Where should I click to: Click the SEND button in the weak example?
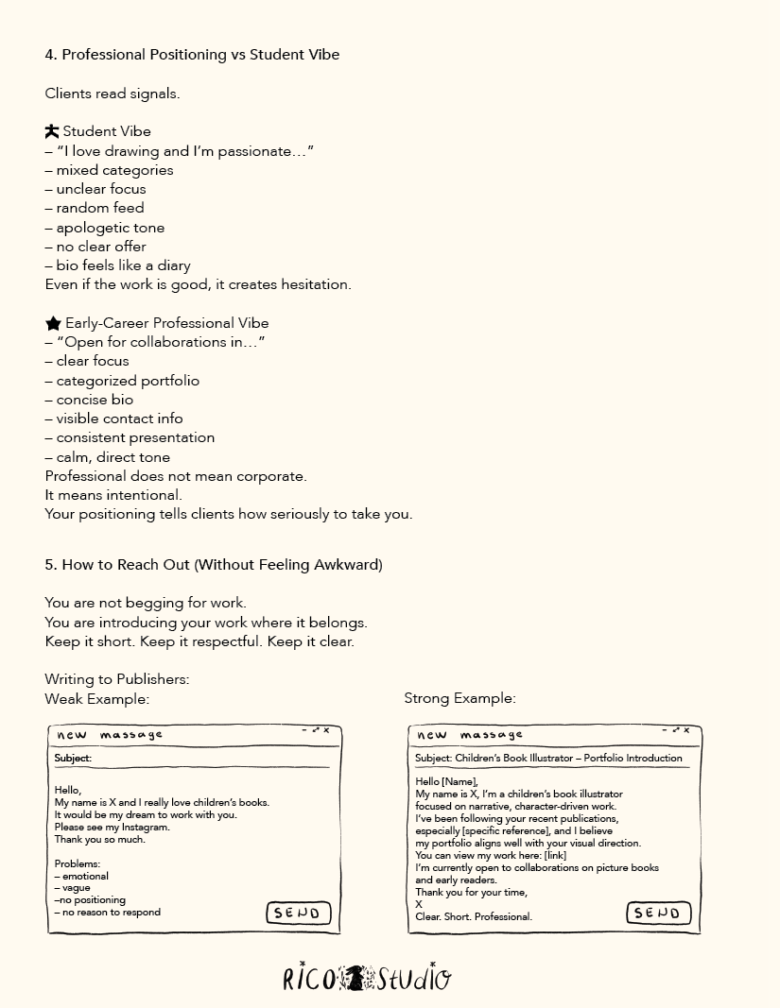[299, 913]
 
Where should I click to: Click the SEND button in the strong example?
[659, 913]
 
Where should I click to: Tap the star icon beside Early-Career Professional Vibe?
[53, 323]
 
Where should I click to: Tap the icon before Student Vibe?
[52, 131]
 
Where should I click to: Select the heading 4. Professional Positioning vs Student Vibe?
[192, 55]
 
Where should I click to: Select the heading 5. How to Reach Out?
[214, 565]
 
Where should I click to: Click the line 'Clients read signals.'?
[112, 94]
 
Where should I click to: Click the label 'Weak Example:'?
[96, 699]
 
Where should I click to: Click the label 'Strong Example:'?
[459, 699]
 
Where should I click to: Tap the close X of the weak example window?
[327, 730]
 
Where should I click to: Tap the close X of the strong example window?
[687, 730]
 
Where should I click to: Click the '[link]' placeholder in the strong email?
[555, 855]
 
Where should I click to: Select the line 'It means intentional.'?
[113, 495]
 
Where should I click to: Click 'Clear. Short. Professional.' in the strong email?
[474, 916]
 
